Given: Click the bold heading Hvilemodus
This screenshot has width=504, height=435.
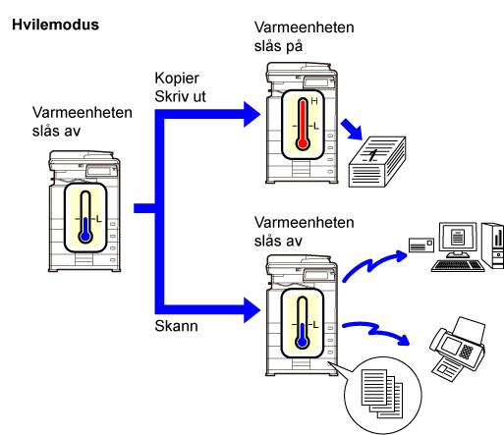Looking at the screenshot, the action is pyautogui.click(x=55, y=25).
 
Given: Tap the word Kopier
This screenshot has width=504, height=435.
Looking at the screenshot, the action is pyautogui.click(x=177, y=79).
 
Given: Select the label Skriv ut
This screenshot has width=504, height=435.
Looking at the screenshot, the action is pyautogui.click(x=180, y=96).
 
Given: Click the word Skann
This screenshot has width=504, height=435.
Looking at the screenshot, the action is pyautogui.click(x=176, y=326).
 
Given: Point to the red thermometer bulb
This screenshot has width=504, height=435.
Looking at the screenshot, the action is pyautogui.click(x=303, y=143).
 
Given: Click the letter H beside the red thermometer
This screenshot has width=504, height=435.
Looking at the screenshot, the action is pyautogui.click(x=314, y=101).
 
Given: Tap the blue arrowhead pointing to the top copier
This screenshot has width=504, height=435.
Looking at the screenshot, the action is pyautogui.click(x=252, y=114).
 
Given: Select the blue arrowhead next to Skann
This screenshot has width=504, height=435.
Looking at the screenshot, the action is pyautogui.click(x=252, y=310).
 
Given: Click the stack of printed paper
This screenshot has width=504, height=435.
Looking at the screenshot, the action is pyautogui.click(x=377, y=162).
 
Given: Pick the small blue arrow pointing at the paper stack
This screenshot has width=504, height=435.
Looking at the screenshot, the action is pyautogui.click(x=352, y=130).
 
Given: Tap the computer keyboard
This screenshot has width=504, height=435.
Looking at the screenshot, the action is pyautogui.click(x=458, y=265).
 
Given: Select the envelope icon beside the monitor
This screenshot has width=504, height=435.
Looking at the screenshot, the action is pyautogui.click(x=421, y=245).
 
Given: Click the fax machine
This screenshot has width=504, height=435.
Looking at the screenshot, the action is pyautogui.click(x=458, y=349).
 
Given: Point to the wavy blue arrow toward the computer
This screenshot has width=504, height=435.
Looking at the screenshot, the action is pyautogui.click(x=373, y=264).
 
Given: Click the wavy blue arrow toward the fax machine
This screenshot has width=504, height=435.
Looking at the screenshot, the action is pyautogui.click(x=376, y=331).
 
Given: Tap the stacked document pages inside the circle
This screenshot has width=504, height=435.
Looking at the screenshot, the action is pyautogui.click(x=382, y=394).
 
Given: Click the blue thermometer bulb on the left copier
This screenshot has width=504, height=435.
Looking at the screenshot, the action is pyautogui.click(x=85, y=237).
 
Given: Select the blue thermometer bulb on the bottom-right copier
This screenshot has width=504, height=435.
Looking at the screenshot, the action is pyautogui.click(x=303, y=342).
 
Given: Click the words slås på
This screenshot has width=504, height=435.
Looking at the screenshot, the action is pyautogui.click(x=278, y=46).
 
